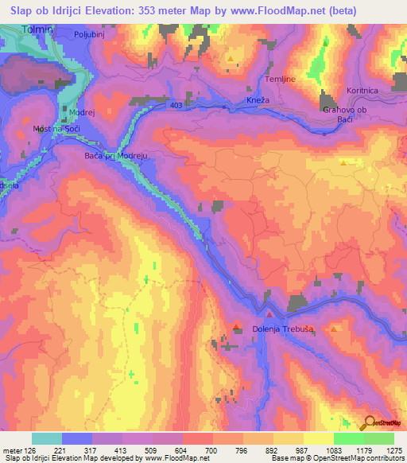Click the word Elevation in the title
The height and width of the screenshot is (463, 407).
click(120, 10)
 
